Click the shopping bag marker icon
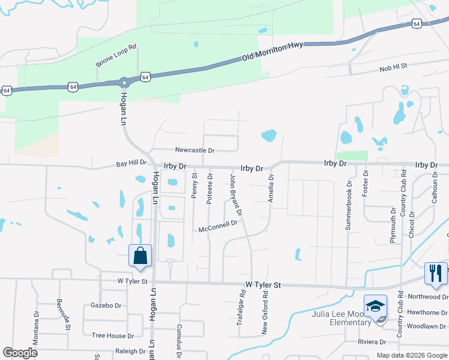(140, 255)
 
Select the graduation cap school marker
(375, 305)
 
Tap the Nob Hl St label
(393, 68)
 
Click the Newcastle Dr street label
(194, 149)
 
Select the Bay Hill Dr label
(131, 163)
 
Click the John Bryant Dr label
(236, 196)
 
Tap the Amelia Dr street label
(271, 188)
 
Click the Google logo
(21, 353)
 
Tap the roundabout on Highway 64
(124, 82)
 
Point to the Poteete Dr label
(209, 189)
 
